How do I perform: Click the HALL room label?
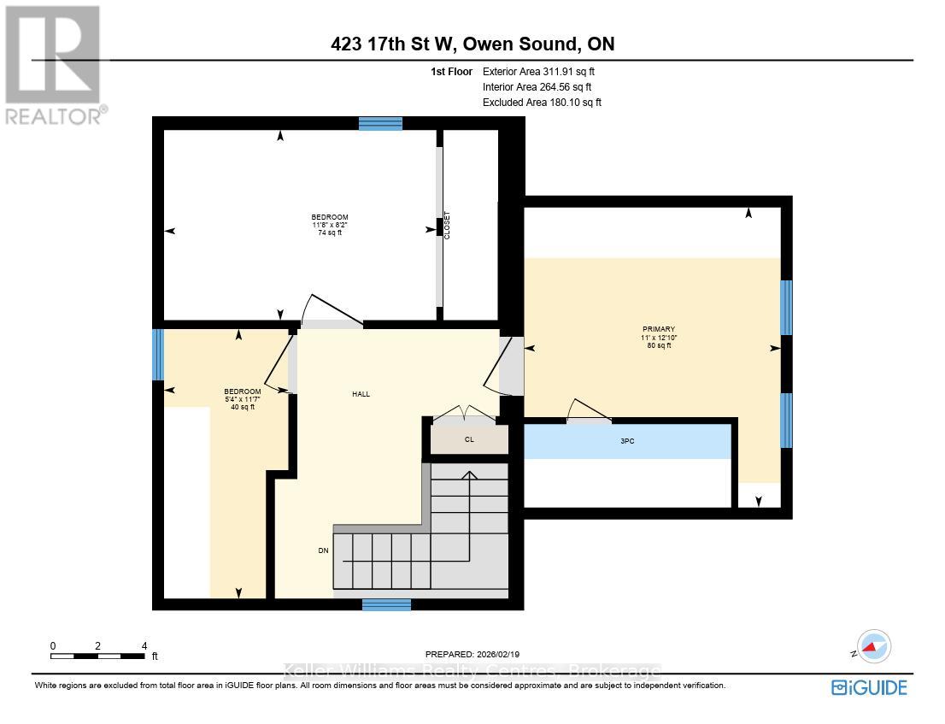361,394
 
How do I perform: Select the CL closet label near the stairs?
469,440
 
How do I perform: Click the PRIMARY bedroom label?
659,329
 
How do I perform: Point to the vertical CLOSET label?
446,226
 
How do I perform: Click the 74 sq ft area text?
329,233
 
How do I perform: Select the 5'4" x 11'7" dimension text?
244,399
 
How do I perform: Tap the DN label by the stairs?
323,550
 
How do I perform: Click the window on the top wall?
380,123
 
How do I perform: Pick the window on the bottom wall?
386,604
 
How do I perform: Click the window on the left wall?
157,355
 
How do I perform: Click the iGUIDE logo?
869,686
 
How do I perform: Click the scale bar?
97,656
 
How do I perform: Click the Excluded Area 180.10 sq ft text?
542,102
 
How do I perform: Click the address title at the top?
472,44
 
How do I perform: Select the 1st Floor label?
451,72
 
